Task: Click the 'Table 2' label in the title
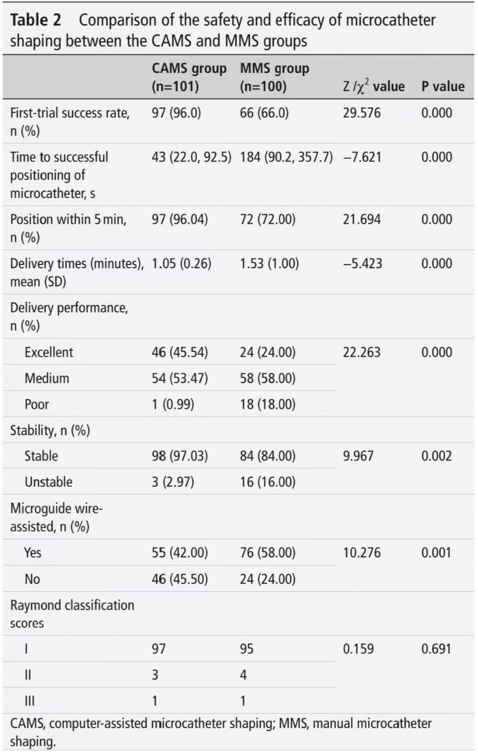tap(35, 20)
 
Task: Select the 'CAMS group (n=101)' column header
tap(189, 77)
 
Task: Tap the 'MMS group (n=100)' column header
tap(274, 77)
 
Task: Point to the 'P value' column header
tap(443, 86)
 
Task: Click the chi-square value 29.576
tap(361, 113)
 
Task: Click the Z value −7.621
tap(363, 157)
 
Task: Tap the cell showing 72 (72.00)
tap(267, 219)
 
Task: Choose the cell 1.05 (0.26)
tap(182, 263)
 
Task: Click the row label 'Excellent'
tap(48, 352)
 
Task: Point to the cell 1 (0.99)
tap(173, 404)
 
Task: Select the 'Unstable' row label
tap(48, 482)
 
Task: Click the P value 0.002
tap(437, 456)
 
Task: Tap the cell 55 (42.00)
tap(180, 553)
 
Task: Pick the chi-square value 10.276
tap(361, 553)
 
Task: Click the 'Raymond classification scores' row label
tap(72, 614)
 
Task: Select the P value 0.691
tap(436, 649)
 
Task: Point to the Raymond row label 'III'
tap(30, 701)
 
